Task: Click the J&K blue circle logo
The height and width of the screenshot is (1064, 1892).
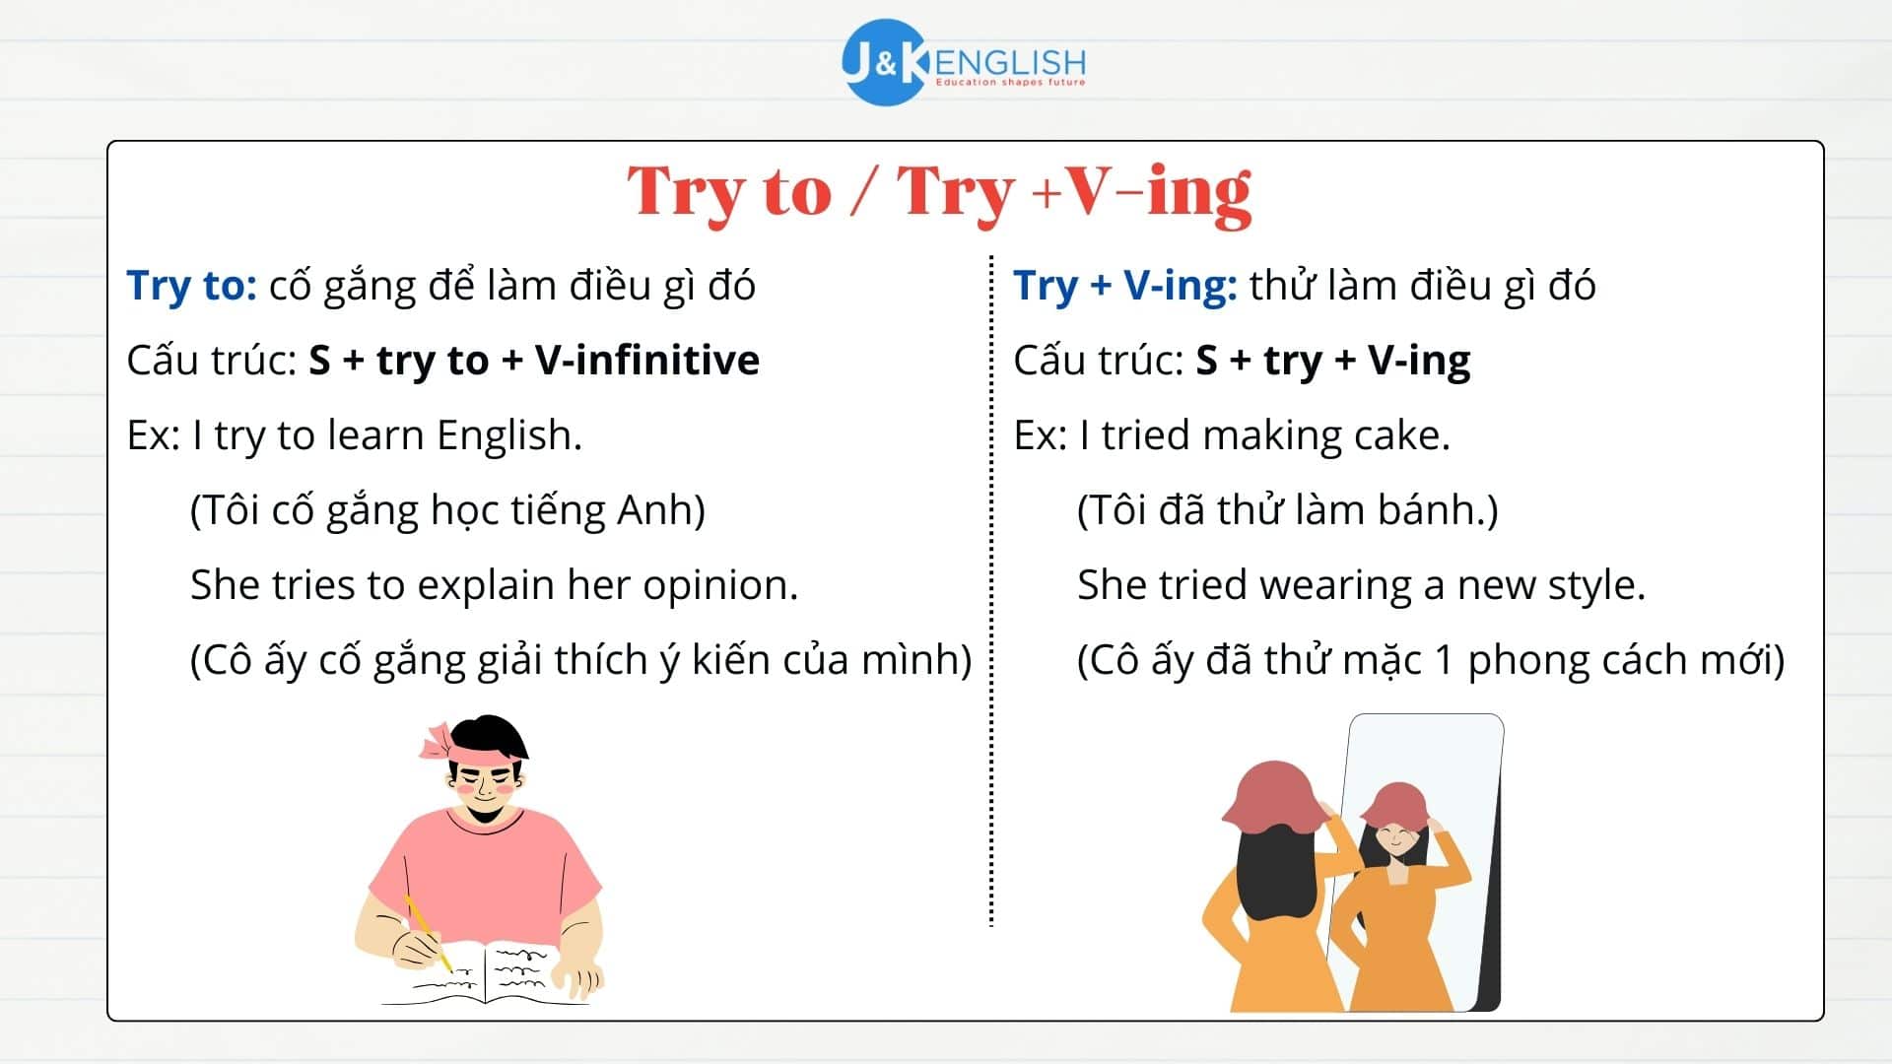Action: (884, 62)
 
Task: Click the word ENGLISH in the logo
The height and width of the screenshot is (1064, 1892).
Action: (1010, 62)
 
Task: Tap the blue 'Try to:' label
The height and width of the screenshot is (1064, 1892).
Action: (192, 286)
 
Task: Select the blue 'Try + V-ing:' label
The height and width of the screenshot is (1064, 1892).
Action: (1124, 286)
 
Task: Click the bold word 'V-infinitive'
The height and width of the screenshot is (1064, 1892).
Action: (646, 361)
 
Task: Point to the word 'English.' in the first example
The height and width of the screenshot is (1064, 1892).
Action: (509, 435)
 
